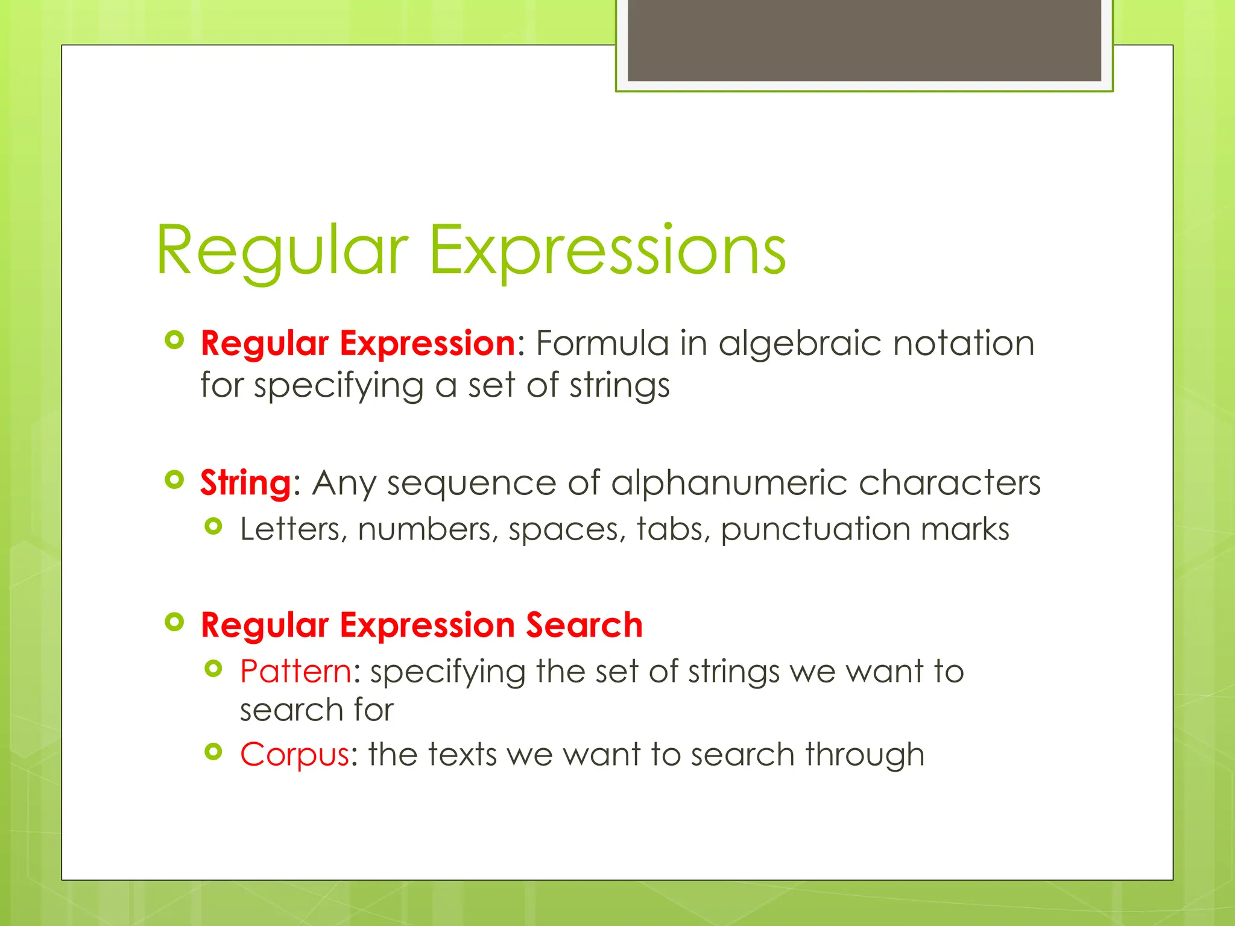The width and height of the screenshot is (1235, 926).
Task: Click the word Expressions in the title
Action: point(607,250)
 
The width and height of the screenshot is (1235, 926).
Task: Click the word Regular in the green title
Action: point(282,250)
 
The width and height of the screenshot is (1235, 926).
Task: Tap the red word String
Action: point(246,483)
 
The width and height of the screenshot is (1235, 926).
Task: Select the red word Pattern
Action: point(295,671)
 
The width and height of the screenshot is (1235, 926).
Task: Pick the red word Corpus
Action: point(294,754)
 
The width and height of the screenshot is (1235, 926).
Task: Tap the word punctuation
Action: point(815,529)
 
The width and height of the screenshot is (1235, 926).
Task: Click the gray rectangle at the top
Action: point(864,41)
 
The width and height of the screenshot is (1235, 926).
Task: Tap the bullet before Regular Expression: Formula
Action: point(174,341)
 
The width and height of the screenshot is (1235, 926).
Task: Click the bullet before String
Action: point(174,480)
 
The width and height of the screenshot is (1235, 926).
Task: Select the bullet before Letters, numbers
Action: point(213,527)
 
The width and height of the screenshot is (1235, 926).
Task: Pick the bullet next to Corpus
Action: point(213,752)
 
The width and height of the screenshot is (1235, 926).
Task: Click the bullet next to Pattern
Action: point(213,669)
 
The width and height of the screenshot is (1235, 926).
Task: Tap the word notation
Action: point(963,343)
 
